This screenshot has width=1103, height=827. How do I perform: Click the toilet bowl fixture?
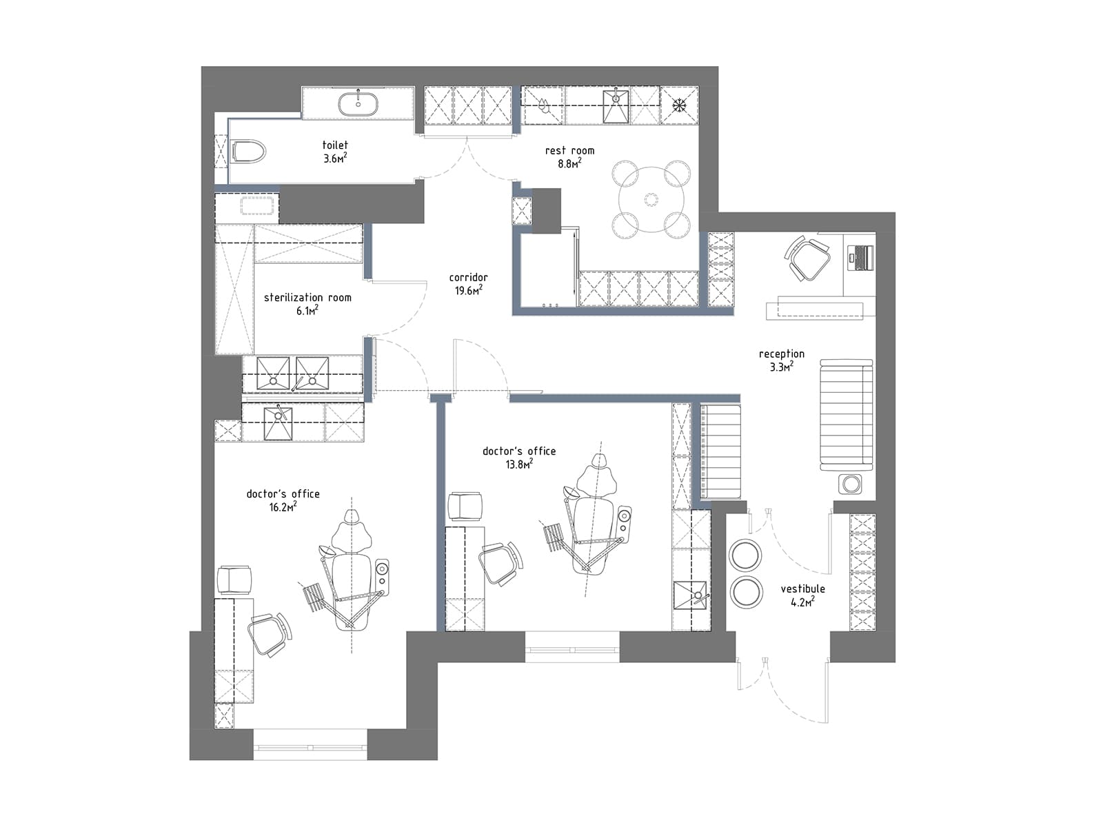tap(249, 151)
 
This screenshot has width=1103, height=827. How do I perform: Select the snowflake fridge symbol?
tap(680, 105)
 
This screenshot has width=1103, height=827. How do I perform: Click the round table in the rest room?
tap(651, 199)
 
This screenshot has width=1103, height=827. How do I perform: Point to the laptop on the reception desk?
tap(861, 257)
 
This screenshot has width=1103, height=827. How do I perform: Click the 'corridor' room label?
tap(468, 277)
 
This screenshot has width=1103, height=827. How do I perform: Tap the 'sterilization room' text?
tap(307, 297)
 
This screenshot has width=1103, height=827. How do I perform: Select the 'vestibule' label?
tap(802, 589)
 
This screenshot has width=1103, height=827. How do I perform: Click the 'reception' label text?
tap(781, 354)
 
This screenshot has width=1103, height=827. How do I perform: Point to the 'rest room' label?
tap(569, 150)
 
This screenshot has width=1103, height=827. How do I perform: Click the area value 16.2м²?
tap(283, 507)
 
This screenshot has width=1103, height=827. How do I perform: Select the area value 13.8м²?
tap(519, 464)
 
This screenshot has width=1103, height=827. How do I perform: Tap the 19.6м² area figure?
tap(469, 290)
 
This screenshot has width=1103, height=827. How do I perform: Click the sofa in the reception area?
tap(847, 415)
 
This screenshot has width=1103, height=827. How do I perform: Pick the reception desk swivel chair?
tap(807, 258)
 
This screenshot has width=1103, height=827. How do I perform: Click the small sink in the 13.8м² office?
tap(691, 595)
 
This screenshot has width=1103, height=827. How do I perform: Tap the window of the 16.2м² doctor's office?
tap(310, 746)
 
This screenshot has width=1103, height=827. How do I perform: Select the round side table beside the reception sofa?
tap(851, 484)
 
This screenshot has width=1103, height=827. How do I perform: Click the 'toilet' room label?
tap(335, 145)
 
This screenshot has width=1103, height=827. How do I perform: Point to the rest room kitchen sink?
tap(616, 105)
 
